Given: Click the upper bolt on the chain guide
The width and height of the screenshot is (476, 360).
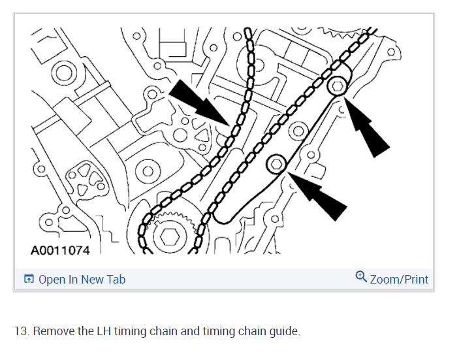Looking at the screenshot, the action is coord(337,86).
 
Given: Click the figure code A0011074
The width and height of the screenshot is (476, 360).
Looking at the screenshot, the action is coord(60,250).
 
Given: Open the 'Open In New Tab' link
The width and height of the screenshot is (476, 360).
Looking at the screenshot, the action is coord(82,280).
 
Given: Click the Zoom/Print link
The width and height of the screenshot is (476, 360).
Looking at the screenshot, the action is coord(399,280).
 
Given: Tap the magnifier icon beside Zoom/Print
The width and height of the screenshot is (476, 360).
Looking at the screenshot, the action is coord(361,278).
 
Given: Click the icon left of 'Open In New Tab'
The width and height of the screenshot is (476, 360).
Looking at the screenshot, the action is coord(29,280).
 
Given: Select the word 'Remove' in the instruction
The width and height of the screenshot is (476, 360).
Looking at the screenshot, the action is coord(52,331).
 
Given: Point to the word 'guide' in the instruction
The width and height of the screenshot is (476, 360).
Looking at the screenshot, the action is coord(285,331).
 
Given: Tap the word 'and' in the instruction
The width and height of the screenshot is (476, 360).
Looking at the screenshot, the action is coord(190,331).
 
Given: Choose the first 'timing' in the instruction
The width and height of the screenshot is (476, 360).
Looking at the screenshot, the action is coord(129,331).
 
